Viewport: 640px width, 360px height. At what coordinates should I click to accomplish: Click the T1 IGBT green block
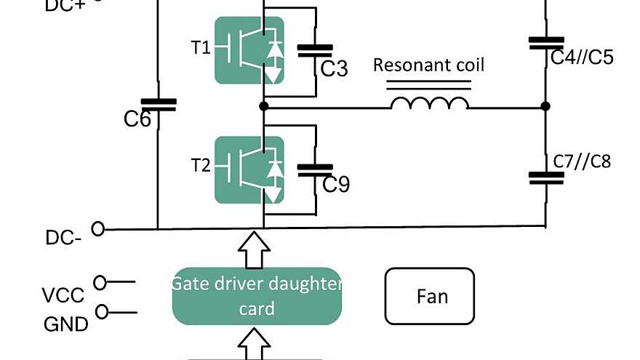pyautogui.click(x=249, y=49)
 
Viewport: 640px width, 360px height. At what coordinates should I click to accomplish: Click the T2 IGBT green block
pyautogui.click(x=249, y=169)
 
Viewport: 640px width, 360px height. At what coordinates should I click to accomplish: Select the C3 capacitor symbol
pyautogui.click(x=316, y=50)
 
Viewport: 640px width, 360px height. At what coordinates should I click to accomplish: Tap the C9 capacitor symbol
pyautogui.click(x=316, y=169)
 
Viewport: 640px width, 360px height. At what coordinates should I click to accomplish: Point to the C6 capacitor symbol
pyautogui.click(x=158, y=105)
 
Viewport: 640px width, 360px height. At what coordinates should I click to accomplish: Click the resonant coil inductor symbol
pyautogui.click(x=429, y=103)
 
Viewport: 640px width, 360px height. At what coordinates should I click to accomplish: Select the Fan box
pyautogui.click(x=429, y=296)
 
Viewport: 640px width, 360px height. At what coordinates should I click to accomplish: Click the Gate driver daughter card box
pyautogui.click(x=257, y=296)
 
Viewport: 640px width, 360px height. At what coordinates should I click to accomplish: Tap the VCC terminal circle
pyautogui.click(x=100, y=281)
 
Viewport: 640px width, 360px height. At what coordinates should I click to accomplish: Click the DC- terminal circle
pyautogui.click(x=97, y=229)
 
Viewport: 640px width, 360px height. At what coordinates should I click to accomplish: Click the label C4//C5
pyautogui.click(x=581, y=57)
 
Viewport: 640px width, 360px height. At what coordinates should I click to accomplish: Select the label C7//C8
pyautogui.click(x=582, y=161)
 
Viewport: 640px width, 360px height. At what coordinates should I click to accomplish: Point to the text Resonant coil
pyautogui.click(x=428, y=65)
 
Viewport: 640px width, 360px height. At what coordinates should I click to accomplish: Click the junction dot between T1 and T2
pyautogui.click(x=263, y=107)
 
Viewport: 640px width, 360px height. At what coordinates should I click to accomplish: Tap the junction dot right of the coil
pyautogui.click(x=545, y=107)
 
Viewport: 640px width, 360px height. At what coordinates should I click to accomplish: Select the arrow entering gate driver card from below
pyautogui.click(x=256, y=343)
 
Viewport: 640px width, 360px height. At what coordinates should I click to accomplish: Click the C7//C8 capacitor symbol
pyautogui.click(x=545, y=177)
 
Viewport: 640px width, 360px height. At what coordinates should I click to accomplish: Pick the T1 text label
pyautogui.click(x=201, y=48)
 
